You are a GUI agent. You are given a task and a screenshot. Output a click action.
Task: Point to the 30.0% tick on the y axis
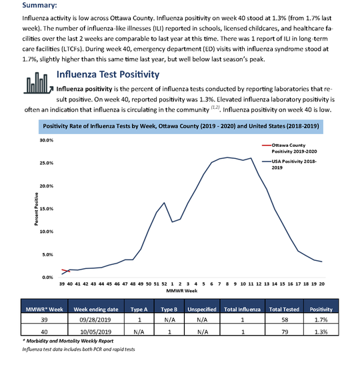pyautogui.click(x=47, y=141)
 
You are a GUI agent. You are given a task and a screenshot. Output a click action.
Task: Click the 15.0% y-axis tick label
pyautogui.click(x=47, y=209)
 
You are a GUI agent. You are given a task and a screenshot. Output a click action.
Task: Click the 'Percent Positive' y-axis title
pyautogui.click(x=37, y=209)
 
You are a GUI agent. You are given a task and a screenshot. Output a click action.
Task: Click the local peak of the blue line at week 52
pyautogui.click(x=164, y=202)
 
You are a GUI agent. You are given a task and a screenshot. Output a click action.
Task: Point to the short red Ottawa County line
pyautogui.click(x=65, y=270)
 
